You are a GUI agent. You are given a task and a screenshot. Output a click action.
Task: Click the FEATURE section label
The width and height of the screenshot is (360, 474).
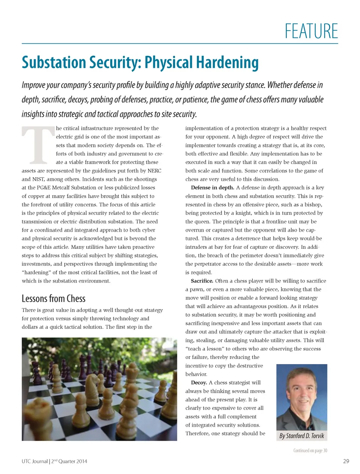(311, 31)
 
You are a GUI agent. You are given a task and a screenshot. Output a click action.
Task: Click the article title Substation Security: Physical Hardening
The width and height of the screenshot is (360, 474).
(140, 63)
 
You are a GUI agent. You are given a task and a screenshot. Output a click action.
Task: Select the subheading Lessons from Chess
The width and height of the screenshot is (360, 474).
(54, 299)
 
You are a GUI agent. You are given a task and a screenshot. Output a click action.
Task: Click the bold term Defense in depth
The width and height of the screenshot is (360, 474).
(212, 188)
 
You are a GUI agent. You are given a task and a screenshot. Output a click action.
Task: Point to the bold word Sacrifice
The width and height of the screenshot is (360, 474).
(202, 281)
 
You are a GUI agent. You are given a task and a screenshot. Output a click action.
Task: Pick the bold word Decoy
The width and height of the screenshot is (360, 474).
(199, 383)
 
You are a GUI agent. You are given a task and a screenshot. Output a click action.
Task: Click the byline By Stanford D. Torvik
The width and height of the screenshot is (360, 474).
(301, 436)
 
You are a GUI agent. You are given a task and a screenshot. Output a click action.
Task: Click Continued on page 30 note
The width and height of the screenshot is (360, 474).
(310, 450)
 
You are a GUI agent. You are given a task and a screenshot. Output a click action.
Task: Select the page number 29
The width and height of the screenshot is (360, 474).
(346, 461)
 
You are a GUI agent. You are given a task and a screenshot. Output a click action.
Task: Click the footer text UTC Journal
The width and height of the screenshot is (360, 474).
(34, 461)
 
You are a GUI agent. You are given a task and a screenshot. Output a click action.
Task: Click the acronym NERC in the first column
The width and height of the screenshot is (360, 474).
(154, 171)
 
